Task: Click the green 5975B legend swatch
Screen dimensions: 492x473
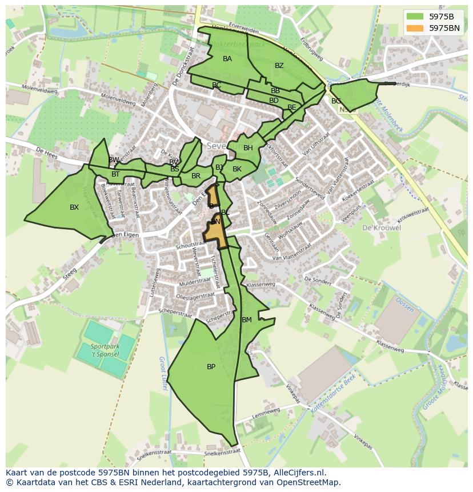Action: [x=415, y=16]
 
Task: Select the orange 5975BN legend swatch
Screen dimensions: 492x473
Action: [x=415, y=27]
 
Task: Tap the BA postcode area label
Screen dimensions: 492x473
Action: [x=227, y=59]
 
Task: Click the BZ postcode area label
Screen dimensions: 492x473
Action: [x=279, y=66]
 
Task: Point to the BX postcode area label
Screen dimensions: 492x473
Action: [x=74, y=207]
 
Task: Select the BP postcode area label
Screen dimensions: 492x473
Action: [x=211, y=367]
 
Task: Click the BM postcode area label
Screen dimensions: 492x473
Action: [x=247, y=320]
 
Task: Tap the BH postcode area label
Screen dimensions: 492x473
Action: [x=248, y=148]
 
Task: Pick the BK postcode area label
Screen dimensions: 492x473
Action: [x=237, y=169]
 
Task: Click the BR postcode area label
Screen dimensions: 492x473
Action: [x=196, y=176]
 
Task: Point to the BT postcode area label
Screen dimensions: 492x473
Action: [x=115, y=174]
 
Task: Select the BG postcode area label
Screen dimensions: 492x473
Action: [x=336, y=101]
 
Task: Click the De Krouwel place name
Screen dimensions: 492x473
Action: [x=381, y=227]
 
